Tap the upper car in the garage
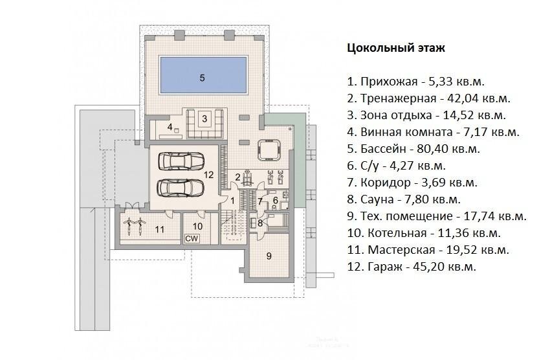[181, 161]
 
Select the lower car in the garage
[181, 188]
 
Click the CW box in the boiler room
[192, 238]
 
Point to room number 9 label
[269, 256]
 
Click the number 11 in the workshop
[160, 229]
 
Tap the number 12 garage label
[209, 174]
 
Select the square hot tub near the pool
[269, 150]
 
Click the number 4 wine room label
[170, 127]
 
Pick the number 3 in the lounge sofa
[204, 118]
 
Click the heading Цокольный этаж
[396, 48]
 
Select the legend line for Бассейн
[413, 149]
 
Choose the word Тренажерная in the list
[399, 98]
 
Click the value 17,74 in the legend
[481, 216]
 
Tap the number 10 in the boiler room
[197, 227]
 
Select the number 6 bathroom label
[276, 200]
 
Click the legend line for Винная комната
[433, 132]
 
